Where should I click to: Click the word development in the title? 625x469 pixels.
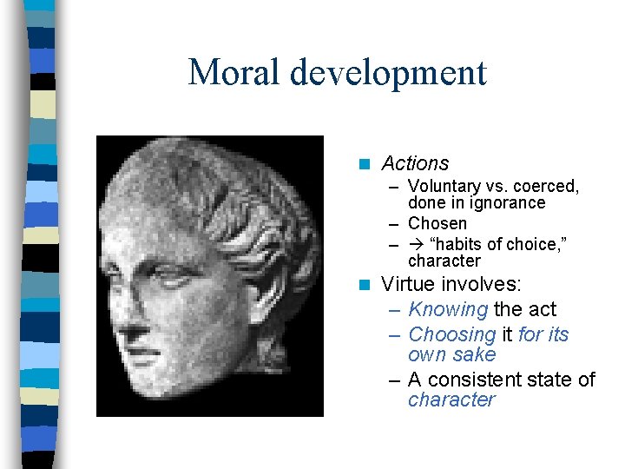388,74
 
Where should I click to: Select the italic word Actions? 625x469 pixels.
415,163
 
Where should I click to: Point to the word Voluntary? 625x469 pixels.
444,187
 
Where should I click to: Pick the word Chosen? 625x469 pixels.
437,224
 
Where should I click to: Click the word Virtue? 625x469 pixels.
409,285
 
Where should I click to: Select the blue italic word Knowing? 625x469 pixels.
448,310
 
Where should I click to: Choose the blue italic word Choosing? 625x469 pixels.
451,334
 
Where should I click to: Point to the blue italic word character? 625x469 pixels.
451,400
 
